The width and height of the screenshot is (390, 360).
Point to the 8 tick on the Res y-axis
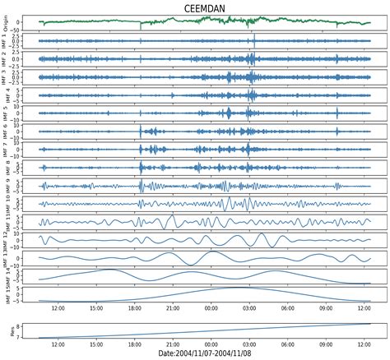(x=31, y=324)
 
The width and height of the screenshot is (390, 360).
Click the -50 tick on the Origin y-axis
(x=28, y=29)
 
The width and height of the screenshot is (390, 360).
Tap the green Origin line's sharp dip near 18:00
(x=141, y=27)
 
